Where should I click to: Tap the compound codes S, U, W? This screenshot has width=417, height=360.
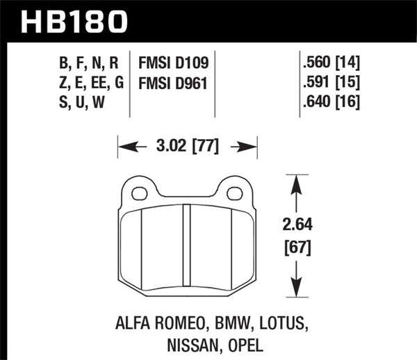[x=81, y=105]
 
